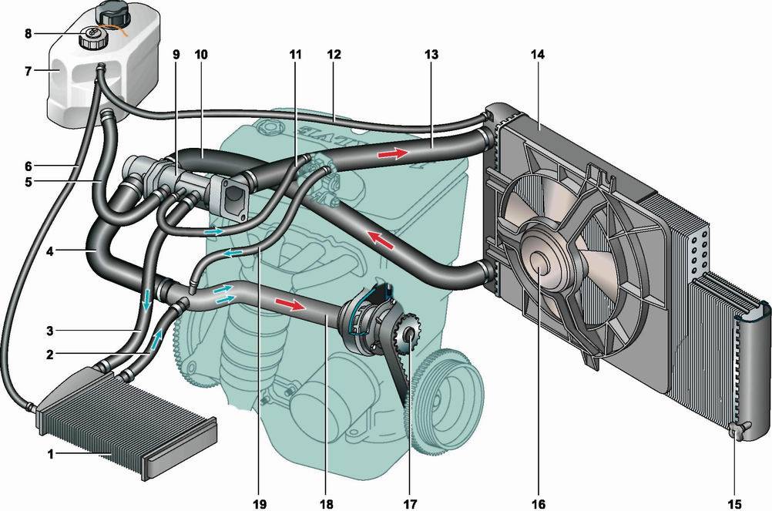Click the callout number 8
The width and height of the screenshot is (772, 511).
point(29,34)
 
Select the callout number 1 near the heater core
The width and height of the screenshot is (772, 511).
point(52,455)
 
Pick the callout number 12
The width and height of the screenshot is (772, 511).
point(333,55)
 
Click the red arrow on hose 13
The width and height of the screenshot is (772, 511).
point(393,153)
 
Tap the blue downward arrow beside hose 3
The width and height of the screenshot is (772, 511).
point(146,299)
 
